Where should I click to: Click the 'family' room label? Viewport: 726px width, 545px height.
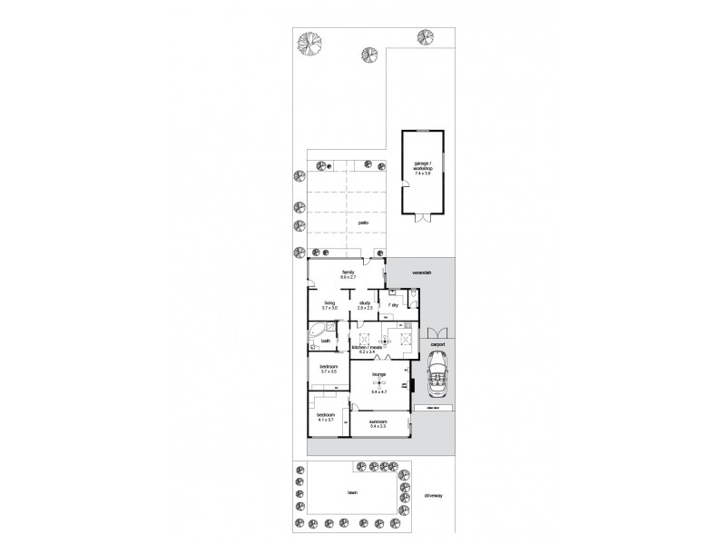347,272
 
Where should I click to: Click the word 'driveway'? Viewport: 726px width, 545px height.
434,495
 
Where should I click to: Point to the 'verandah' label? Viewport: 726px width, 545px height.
419,272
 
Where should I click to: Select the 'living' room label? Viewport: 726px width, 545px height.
329,303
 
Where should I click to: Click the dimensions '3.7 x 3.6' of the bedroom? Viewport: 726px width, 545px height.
329,372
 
